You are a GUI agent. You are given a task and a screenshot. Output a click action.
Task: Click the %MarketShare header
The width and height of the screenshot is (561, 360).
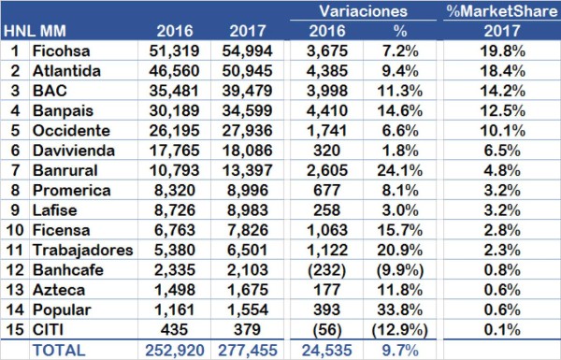tap(497, 11)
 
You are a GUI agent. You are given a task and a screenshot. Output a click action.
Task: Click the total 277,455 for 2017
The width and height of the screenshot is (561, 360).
tap(247, 352)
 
